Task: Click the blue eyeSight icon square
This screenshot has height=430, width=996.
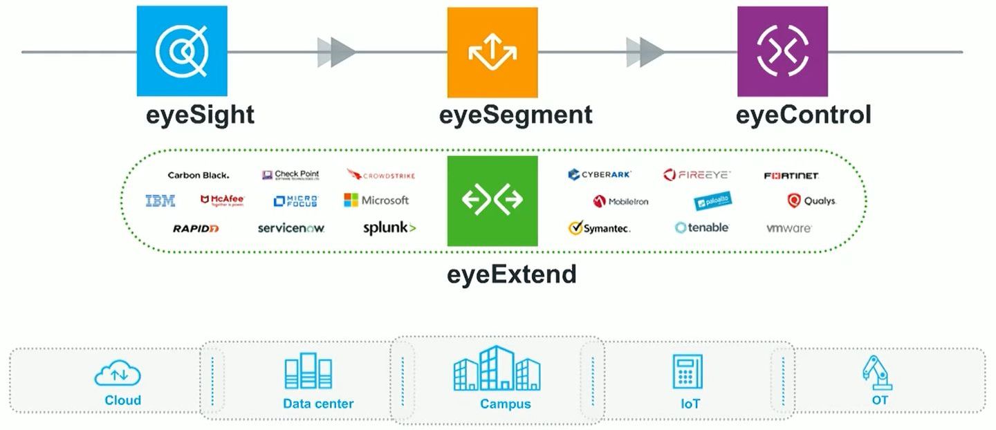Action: pos(182,51)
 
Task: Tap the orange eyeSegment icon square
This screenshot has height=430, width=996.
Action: pos(492,52)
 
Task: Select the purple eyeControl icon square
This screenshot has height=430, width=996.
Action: pos(782,51)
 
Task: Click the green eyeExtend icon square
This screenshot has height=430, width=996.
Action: pos(492,200)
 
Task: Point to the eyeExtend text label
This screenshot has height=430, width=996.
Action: pos(511,274)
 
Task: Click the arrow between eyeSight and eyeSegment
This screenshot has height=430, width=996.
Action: pos(336,52)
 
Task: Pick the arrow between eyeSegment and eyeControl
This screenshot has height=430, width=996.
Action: pos(645,52)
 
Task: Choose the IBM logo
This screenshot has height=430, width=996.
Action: pos(160,200)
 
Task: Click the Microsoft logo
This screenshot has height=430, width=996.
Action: pos(376,200)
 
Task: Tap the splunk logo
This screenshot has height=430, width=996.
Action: pos(389,227)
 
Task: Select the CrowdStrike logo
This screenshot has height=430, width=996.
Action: pos(380,176)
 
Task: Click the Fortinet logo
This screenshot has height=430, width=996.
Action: pos(791,176)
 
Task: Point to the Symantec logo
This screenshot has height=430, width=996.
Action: pos(599,227)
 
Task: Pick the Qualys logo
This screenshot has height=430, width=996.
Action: pos(811,201)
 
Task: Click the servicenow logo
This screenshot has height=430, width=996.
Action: pos(290,227)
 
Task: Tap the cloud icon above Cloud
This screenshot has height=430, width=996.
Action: pos(118,375)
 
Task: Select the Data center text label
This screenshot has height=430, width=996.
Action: pos(318,404)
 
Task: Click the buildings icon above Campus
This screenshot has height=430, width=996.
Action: pos(497,369)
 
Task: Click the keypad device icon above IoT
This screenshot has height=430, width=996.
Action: pos(688,371)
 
